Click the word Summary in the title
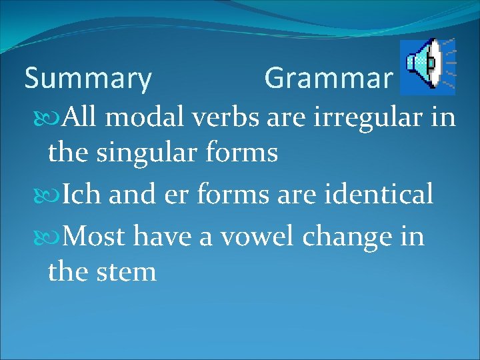tap(88, 79)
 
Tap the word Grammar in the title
tap(328, 79)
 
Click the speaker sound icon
tap(427, 64)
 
